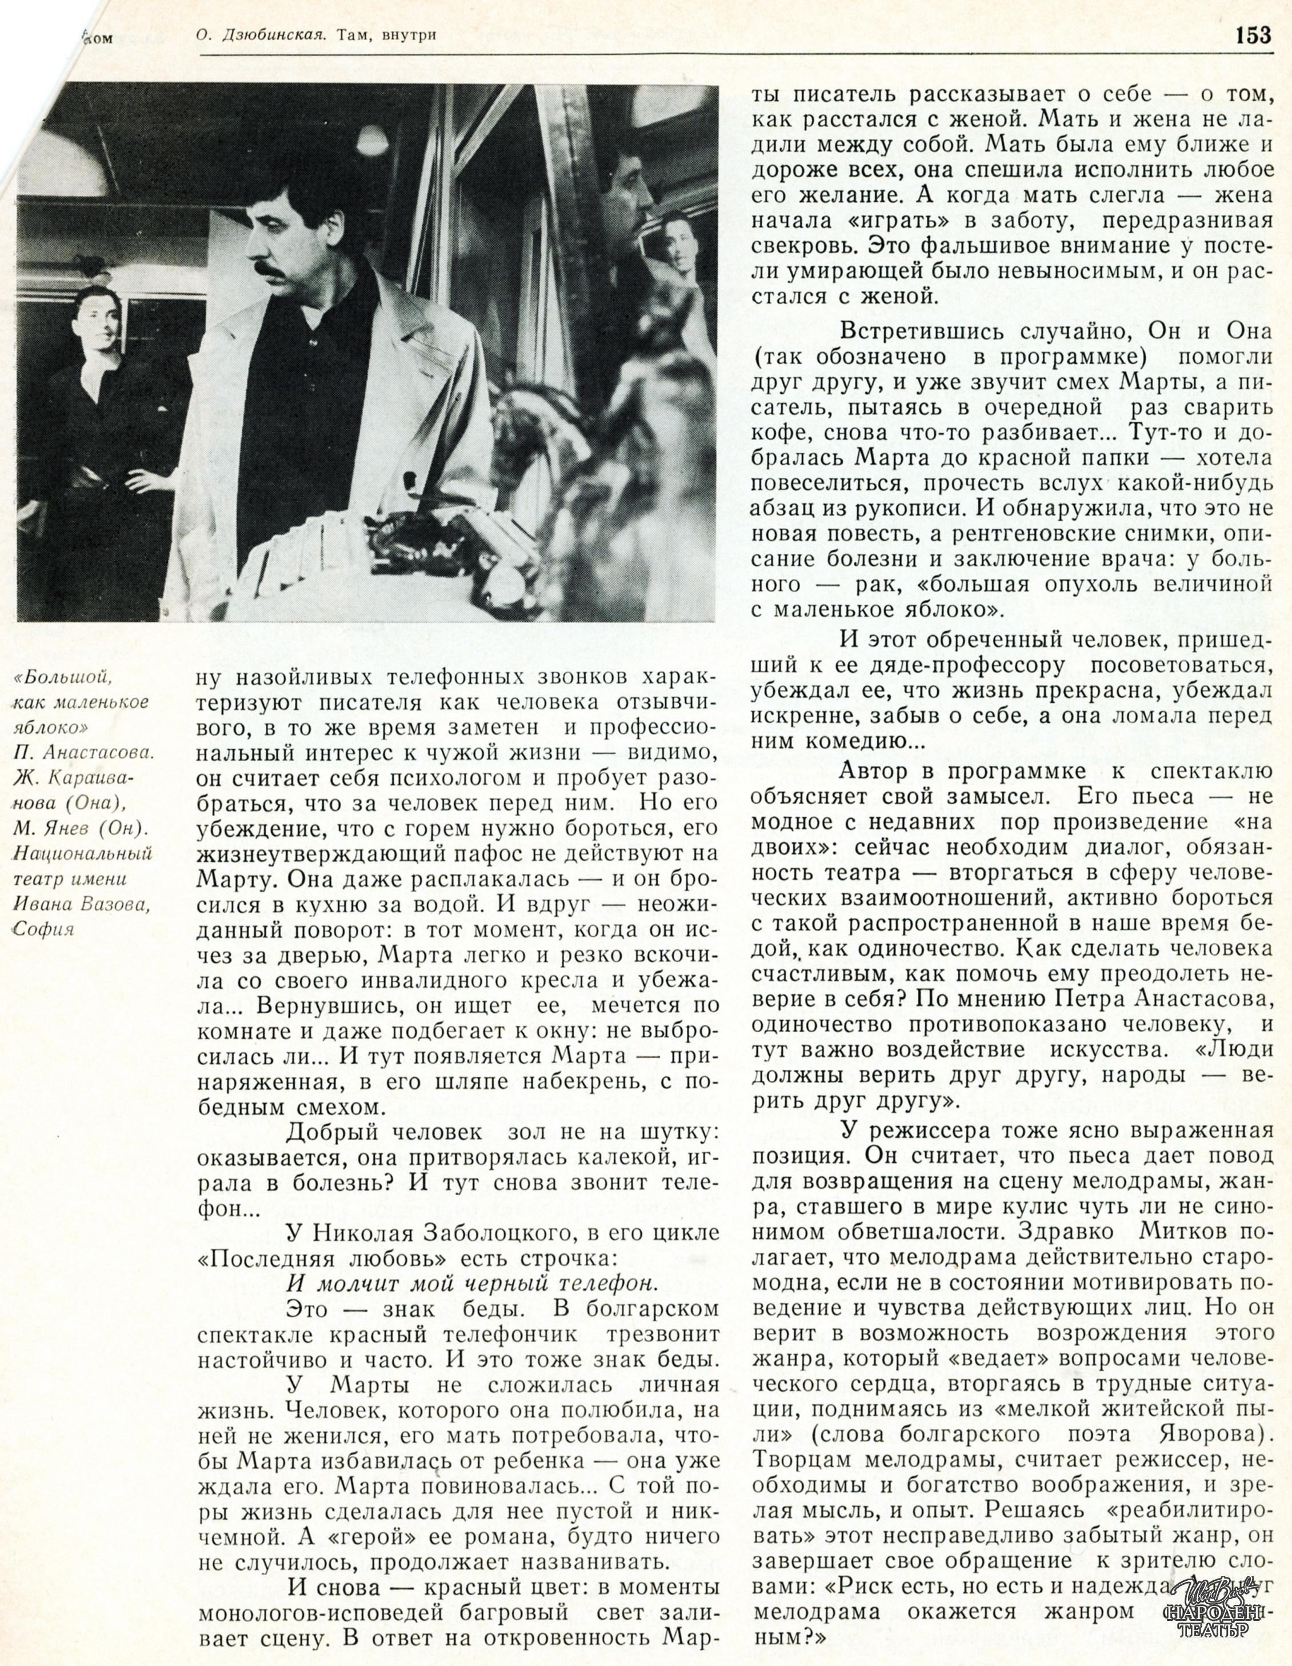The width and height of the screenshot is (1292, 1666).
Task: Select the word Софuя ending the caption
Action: point(43,929)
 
